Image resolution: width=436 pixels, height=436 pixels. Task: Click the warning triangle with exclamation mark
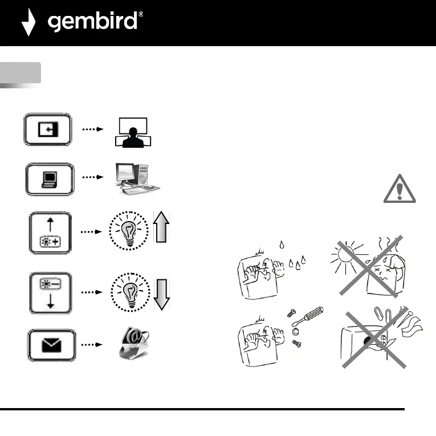(x=400, y=189)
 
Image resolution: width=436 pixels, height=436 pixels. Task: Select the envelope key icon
(x=50, y=345)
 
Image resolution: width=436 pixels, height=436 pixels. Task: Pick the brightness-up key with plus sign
(x=50, y=233)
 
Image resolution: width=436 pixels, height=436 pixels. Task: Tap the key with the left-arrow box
(x=47, y=129)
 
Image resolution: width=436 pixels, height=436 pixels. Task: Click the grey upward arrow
(x=161, y=226)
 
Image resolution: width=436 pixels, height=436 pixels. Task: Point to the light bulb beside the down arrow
(x=131, y=292)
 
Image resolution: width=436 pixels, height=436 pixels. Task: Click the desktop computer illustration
(x=135, y=178)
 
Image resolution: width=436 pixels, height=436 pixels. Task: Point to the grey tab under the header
(x=21, y=74)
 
